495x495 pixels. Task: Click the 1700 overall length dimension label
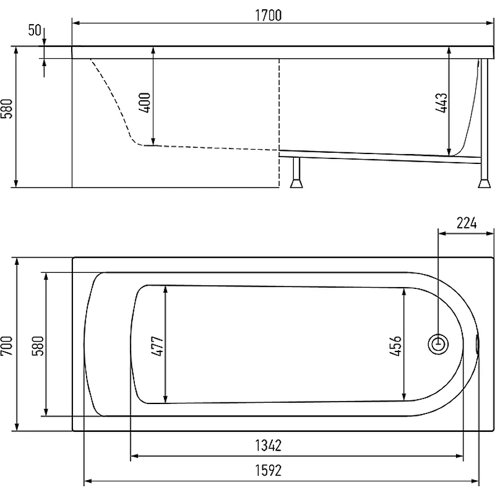[268, 15]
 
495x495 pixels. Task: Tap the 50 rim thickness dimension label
[35, 30]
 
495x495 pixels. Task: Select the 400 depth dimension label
[145, 103]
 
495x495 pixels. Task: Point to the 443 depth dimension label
[441, 103]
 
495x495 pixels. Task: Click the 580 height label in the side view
[7, 109]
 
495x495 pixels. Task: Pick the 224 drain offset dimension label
[467, 223]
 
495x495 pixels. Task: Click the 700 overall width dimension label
[7, 346]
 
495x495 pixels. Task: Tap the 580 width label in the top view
[38, 346]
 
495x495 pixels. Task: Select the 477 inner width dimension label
[157, 346]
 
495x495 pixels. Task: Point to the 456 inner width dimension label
[395, 346]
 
